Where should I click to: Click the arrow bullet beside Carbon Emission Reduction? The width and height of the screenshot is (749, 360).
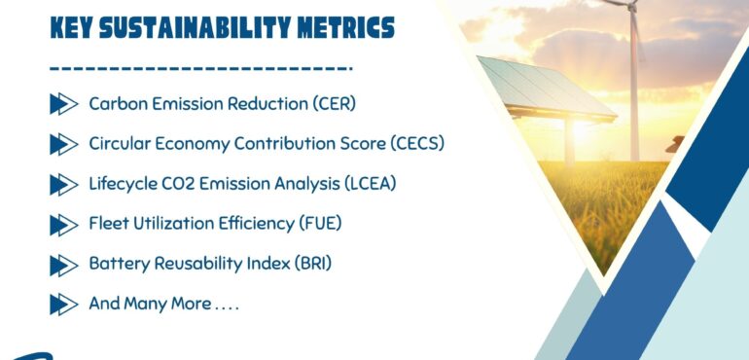point(63,103)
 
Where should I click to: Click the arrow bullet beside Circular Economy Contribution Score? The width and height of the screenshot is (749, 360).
point(63,144)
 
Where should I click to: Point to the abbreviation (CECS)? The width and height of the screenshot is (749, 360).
point(416,144)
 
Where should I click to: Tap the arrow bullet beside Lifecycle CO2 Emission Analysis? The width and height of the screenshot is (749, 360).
point(63,184)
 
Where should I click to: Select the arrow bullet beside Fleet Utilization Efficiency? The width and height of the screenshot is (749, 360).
point(63,224)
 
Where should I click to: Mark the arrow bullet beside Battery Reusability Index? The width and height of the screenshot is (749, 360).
point(63,264)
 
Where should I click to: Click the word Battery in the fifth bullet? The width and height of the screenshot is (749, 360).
point(116,264)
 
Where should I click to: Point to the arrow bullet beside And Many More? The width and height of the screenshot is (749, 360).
point(63,304)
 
